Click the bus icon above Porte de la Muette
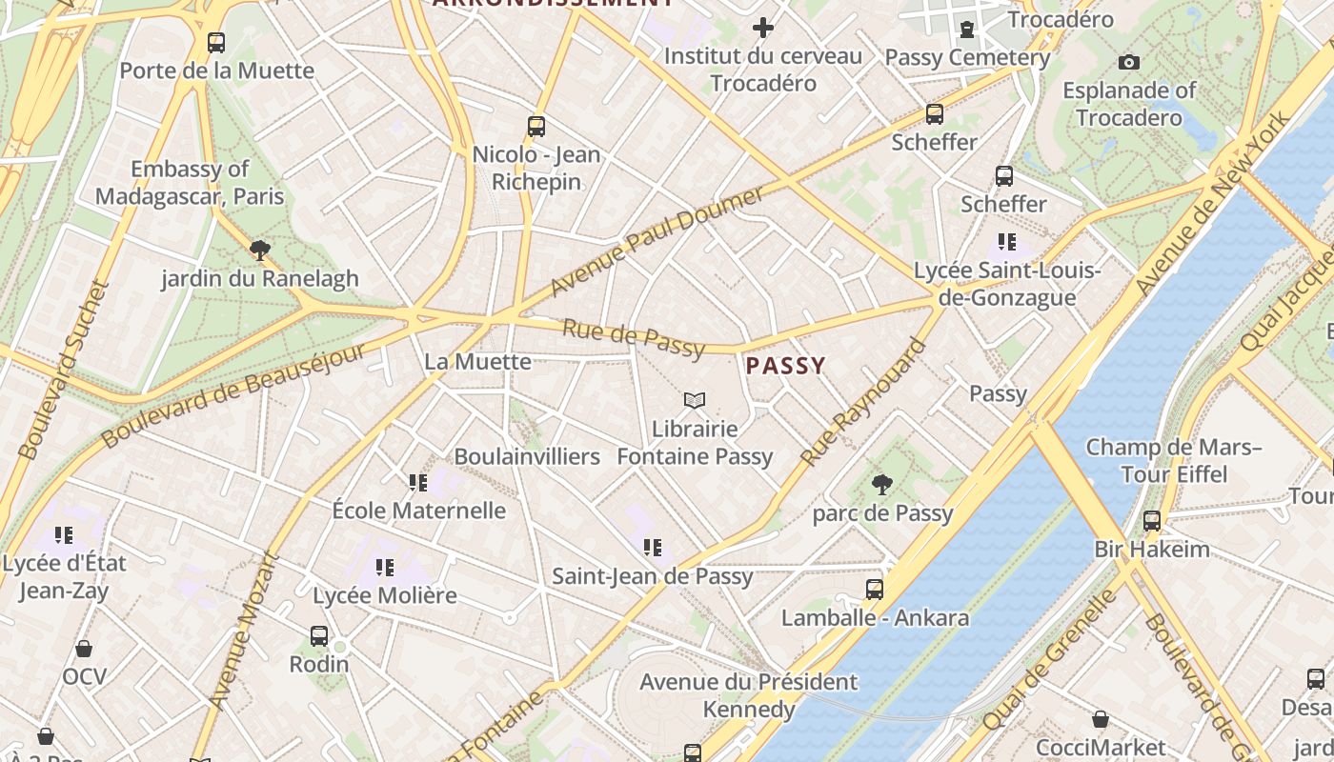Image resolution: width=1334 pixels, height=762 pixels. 216,42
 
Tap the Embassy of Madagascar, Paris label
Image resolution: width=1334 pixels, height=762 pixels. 190,183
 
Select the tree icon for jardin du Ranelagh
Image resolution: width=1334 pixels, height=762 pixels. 259,251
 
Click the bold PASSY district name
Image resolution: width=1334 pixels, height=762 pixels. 785,366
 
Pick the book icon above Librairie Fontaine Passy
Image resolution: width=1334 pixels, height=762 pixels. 695,401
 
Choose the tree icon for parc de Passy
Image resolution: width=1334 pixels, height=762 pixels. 882,485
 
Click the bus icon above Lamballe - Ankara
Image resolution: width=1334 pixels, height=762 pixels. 875,590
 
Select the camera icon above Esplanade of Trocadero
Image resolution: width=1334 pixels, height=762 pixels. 1129,63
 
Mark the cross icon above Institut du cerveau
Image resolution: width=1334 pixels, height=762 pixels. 762,28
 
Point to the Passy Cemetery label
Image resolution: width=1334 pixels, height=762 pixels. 967,57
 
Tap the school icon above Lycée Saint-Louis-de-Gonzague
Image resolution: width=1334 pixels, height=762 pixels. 1007,242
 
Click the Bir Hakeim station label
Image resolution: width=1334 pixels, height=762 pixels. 1151,550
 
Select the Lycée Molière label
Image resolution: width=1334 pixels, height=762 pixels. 385,595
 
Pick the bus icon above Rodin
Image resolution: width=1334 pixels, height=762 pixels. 319,635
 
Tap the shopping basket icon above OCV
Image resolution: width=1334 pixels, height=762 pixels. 84,649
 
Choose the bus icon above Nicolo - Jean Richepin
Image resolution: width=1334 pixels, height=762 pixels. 536,126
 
